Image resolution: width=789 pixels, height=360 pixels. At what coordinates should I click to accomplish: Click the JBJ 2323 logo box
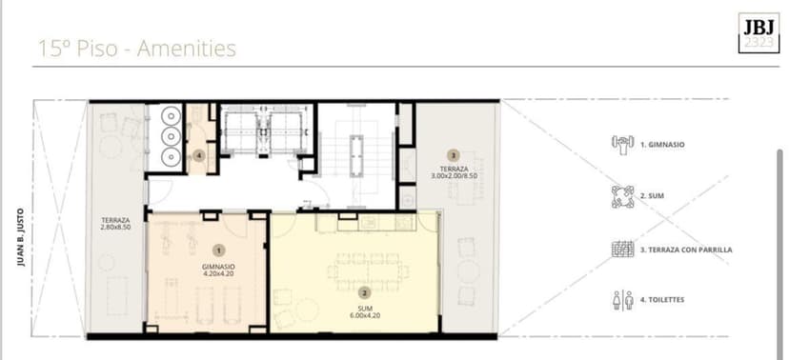[x=759, y=32]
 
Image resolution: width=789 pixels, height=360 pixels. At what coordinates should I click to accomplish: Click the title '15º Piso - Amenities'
[x=137, y=50]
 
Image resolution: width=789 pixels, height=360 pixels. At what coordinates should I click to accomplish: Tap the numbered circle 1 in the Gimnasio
[x=219, y=250]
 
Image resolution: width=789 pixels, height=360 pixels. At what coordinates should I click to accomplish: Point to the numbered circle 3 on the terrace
[x=454, y=155]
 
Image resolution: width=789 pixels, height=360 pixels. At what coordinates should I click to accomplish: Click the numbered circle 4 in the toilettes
[x=200, y=156]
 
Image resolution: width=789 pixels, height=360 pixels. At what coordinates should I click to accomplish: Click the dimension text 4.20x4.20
[x=218, y=274]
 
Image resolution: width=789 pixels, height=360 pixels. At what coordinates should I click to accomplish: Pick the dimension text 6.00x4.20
[x=364, y=316]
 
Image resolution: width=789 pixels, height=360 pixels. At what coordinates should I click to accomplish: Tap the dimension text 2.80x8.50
[x=115, y=228]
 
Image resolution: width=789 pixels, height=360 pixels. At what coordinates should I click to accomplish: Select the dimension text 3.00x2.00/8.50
[x=454, y=176]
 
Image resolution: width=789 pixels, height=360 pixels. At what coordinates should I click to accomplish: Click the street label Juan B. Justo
[x=21, y=237]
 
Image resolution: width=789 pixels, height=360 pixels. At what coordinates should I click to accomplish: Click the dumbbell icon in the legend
[x=622, y=145]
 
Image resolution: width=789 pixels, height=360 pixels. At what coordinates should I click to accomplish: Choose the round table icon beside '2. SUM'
[x=622, y=196]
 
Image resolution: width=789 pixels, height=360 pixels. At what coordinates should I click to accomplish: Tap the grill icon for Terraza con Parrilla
[x=622, y=249]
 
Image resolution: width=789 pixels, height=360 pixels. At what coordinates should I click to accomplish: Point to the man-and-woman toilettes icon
[x=622, y=300]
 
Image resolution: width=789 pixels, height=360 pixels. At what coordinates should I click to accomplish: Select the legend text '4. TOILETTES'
[x=662, y=300]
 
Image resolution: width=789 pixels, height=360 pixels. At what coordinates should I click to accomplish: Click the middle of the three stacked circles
[x=172, y=137]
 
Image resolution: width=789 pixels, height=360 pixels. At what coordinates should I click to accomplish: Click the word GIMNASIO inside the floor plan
[x=218, y=267]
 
